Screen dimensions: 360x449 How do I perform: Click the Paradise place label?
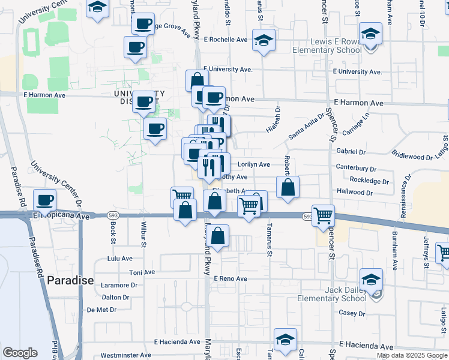(70, 280)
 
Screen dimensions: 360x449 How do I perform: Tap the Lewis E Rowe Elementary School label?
(334, 46)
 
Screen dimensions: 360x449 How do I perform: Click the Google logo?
(20, 353)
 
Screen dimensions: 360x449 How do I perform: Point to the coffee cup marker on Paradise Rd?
(45, 200)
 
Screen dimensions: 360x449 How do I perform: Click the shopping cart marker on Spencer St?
(323, 215)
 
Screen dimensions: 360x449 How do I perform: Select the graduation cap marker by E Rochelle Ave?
(264, 40)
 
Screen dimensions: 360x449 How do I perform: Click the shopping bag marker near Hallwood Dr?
(288, 187)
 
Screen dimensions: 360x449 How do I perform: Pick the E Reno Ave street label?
(230, 279)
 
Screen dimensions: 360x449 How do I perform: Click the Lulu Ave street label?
(119, 259)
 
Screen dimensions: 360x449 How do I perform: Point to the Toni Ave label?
(142, 272)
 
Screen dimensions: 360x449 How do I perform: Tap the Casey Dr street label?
(352, 313)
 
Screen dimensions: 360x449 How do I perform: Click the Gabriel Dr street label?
(351, 152)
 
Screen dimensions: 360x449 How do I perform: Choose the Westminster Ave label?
(125, 355)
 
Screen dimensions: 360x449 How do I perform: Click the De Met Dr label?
(101, 310)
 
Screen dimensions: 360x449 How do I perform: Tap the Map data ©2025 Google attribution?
(412, 355)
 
